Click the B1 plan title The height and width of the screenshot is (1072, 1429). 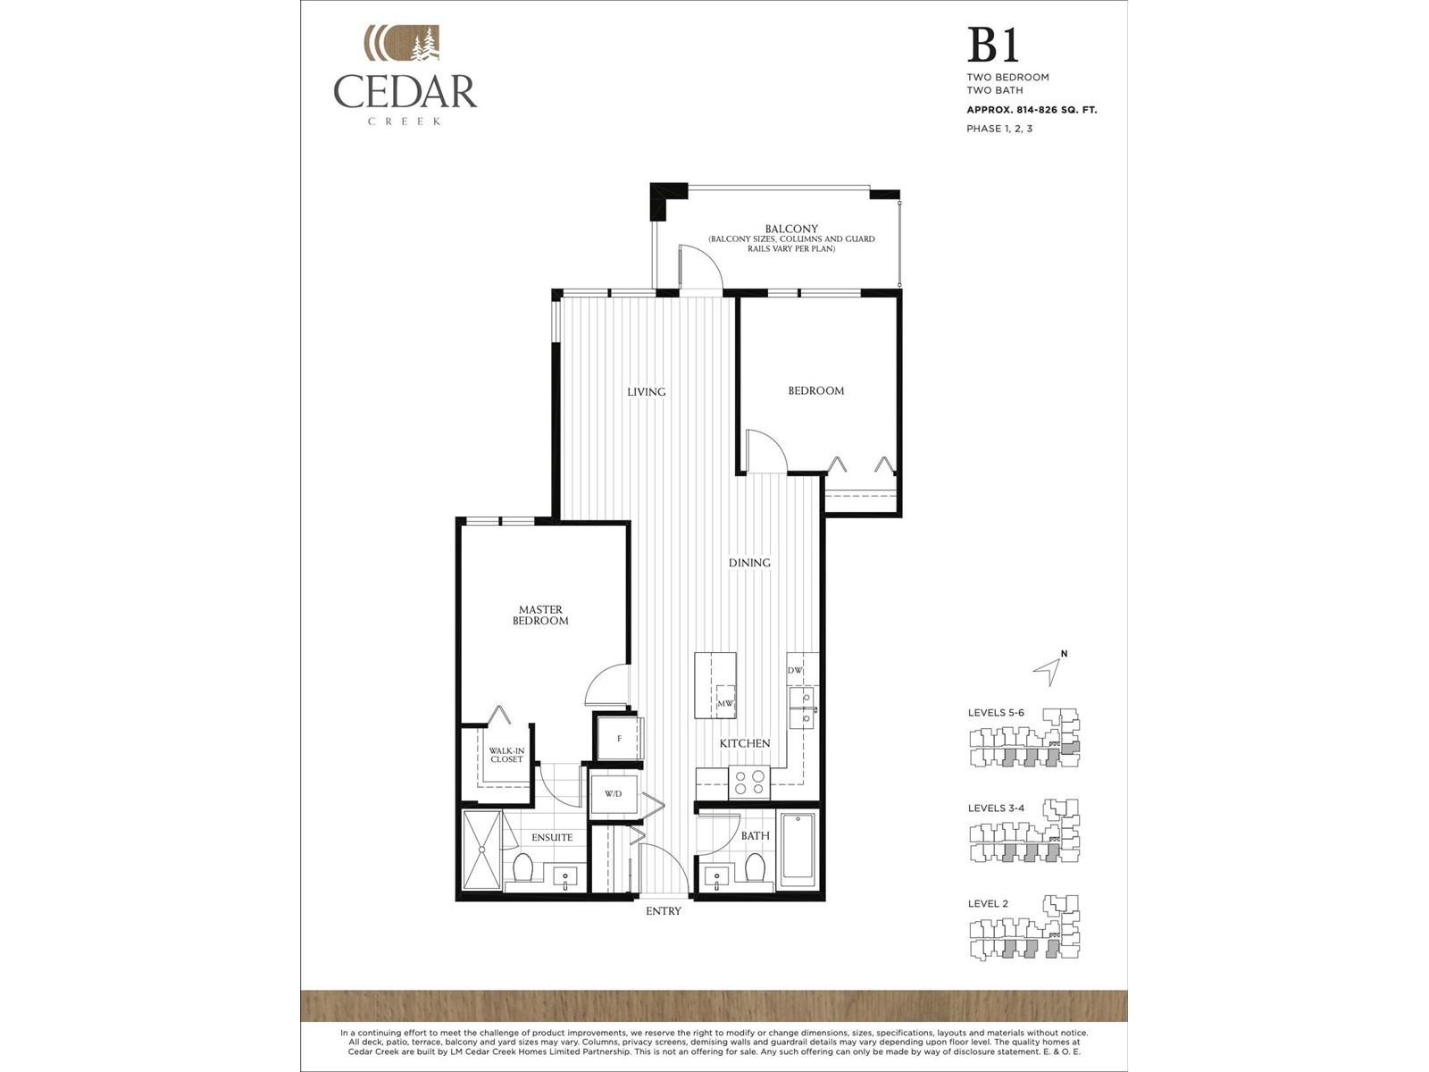tap(992, 45)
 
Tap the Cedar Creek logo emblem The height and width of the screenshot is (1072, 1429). tap(402, 43)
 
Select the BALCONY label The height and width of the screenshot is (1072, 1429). tap(791, 229)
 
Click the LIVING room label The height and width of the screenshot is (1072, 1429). tap(647, 392)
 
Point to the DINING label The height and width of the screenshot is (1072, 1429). tap(749, 563)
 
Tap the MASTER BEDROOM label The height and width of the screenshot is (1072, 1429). tap(540, 616)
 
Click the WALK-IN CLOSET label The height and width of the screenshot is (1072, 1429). tap(506, 755)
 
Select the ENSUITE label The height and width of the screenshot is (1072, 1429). tap(552, 838)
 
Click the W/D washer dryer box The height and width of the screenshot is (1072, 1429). tap(613, 794)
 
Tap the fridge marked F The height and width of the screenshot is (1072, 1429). tap(619, 738)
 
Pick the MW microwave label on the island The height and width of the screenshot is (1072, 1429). tap(725, 704)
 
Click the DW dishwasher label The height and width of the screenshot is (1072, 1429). tap(794, 670)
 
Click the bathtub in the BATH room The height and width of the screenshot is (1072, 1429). tap(798, 848)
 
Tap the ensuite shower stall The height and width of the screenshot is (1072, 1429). tap(482, 850)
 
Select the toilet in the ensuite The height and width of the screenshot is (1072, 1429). tap(522, 867)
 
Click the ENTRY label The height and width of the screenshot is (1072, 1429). tap(664, 911)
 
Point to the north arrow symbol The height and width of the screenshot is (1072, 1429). tap(1048, 672)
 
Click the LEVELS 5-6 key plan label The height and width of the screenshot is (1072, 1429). tap(996, 713)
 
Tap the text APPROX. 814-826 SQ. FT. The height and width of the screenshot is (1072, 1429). tap(1032, 110)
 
